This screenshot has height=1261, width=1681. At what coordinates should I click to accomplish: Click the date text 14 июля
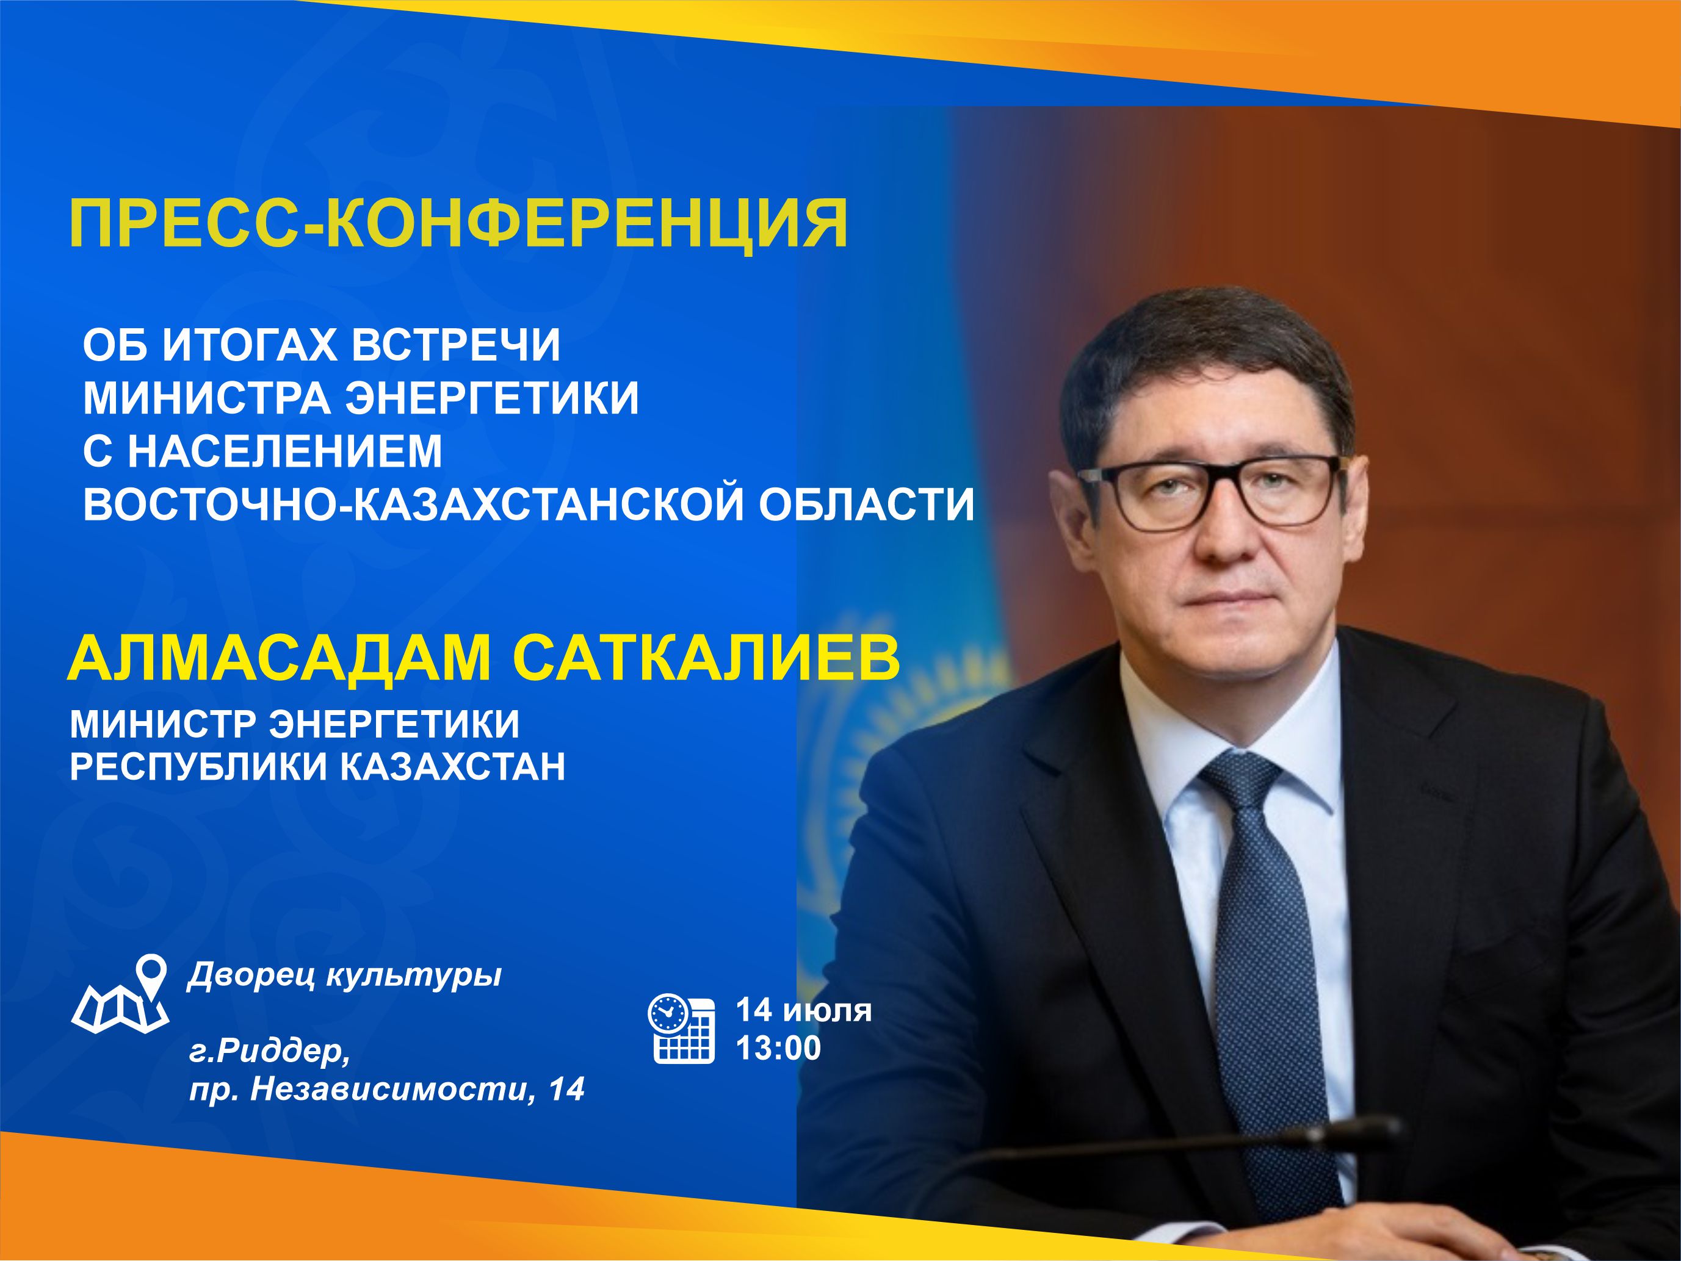pyautogui.click(x=803, y=1011)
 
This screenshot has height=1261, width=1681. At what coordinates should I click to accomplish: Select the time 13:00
pyautogui.click(x=778, y=1048)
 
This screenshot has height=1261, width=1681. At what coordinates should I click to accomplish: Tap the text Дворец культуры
pyautogui.click(x=345, y=975)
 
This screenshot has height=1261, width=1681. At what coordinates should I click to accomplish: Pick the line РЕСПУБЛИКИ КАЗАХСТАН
pyautogui.click(x=317, y=767)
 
